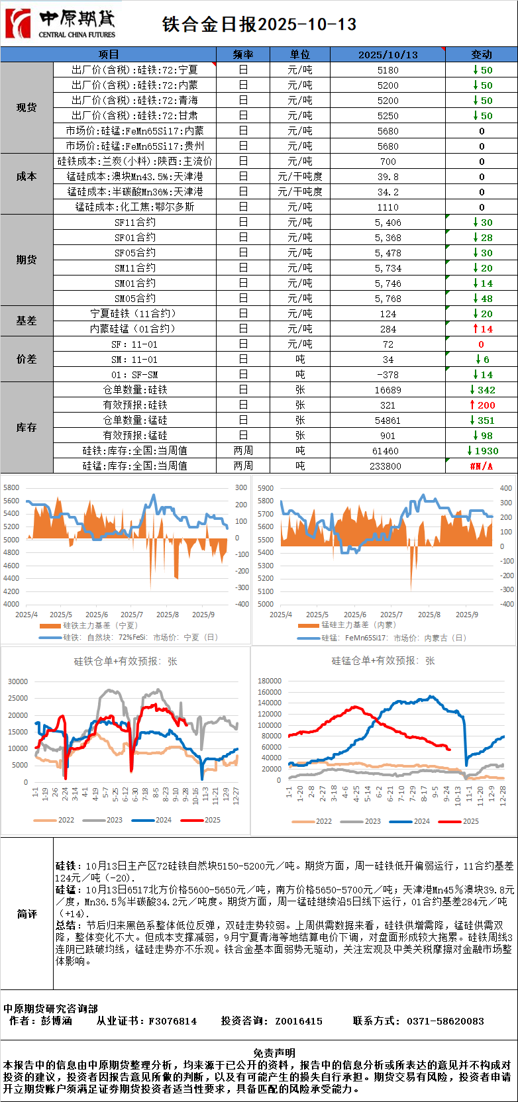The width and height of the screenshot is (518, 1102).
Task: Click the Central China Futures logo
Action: point(60,24)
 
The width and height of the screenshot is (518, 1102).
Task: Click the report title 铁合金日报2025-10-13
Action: point(259,25)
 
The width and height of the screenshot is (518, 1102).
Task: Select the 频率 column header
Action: point(243,54)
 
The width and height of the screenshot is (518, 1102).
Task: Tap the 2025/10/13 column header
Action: point(388,54)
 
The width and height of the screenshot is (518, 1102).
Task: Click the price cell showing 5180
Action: point(388,70)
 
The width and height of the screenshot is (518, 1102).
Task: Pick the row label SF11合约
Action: point(134,223)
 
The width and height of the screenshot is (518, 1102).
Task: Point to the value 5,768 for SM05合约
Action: point(388,299)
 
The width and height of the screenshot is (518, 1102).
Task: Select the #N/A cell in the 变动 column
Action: point(481,466)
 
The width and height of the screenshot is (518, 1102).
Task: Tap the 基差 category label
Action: point(26,321)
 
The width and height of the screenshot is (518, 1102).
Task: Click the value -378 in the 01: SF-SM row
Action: point(388,375)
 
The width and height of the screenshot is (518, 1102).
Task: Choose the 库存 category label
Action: point(26,428)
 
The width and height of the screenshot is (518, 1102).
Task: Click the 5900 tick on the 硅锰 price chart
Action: point(265,488)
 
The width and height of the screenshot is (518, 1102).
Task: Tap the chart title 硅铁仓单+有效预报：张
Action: point(125,661)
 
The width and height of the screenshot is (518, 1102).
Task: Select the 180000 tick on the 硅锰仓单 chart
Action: point(269,681)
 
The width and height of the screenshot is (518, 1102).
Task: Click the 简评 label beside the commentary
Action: point(26,914)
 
